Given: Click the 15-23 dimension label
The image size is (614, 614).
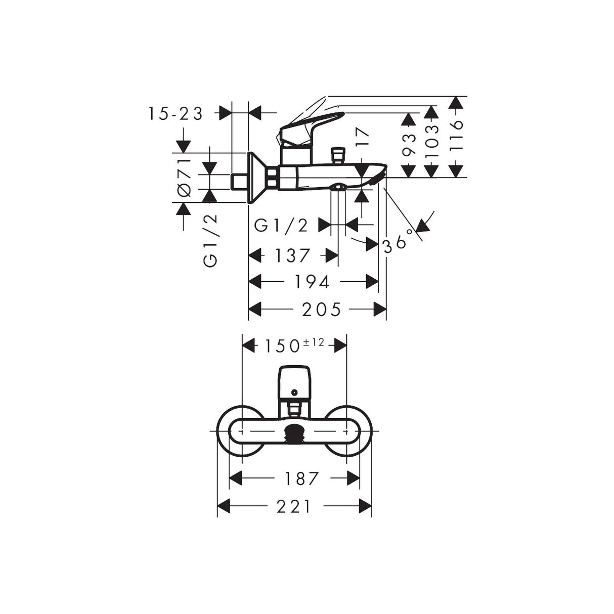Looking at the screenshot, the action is tap(176, 113).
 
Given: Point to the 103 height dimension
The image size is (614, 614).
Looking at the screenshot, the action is tap(432, 140).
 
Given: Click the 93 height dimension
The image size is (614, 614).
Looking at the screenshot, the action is tap(409, 145).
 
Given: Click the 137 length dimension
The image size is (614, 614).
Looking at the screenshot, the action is tap(292, 255).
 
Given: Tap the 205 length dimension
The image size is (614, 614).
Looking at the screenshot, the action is tap(321, 310).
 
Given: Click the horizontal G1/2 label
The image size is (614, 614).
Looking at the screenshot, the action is tap(281, 226).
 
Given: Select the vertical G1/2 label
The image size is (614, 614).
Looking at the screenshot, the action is tap(210, 240).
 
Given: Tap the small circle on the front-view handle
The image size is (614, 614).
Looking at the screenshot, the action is tap(294, 392).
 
